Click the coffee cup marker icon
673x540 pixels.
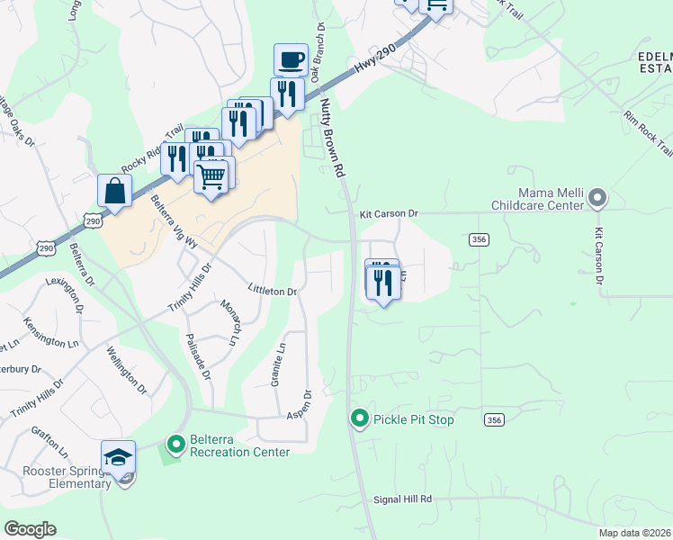coord(291,60)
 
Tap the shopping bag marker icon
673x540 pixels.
coord(115,190)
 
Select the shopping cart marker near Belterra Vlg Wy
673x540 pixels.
coord(211,176)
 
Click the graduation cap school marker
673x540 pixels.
coord(118,458)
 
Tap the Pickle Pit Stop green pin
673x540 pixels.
coord(360,418)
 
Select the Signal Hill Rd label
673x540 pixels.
coord(403,499)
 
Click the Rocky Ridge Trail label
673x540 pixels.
coord(153,148)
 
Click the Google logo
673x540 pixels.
coord(30,529)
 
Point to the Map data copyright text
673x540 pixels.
coord(633,533)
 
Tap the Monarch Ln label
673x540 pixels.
coord(231,321)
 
